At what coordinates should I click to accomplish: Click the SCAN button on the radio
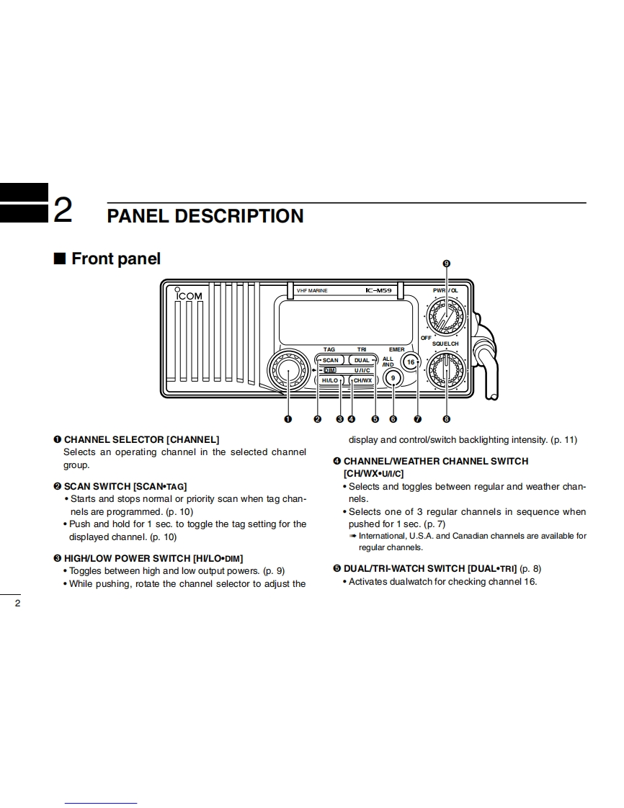330,360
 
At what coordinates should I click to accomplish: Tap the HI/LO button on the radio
330,380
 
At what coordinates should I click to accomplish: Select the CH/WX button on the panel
362,380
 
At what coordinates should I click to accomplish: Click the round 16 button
411,362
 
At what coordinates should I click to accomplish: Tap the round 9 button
393,378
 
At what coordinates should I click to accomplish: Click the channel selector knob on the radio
288,370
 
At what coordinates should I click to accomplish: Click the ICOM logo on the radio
189,295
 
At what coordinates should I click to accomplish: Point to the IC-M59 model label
378,290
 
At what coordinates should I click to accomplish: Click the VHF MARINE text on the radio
312,290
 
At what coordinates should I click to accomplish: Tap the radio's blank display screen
345,321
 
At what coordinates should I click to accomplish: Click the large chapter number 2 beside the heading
63,211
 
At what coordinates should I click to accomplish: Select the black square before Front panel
60,259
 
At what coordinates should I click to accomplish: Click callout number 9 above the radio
446,264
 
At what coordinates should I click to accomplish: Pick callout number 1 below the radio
288,419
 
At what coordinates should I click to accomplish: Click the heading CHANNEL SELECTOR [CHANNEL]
141,439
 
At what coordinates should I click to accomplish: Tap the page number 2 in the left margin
18,603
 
